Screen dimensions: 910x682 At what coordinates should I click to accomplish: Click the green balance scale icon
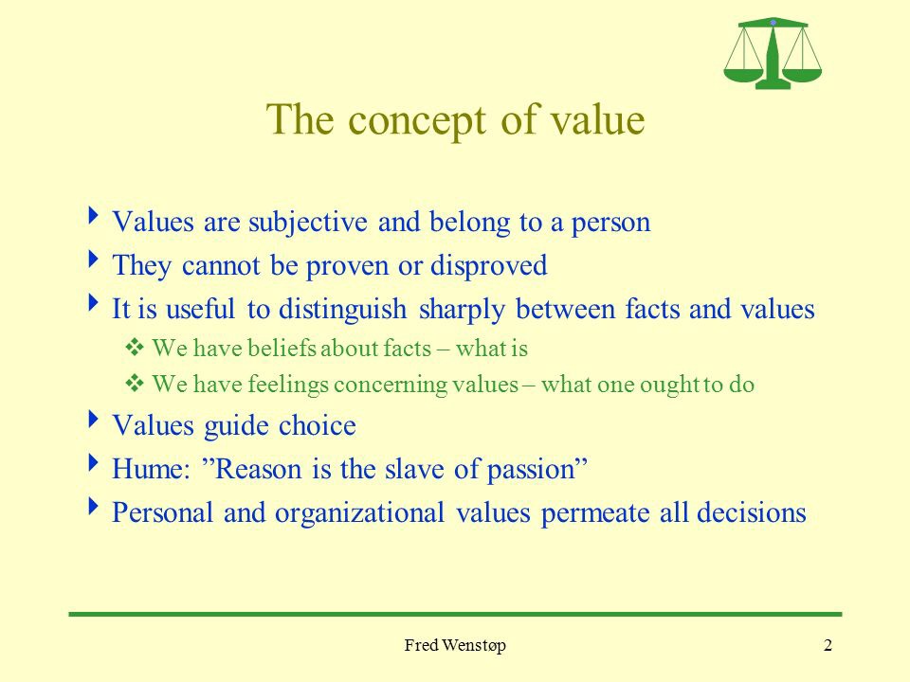tap(773, 53)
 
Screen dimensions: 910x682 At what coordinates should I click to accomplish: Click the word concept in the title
tap(418, 120)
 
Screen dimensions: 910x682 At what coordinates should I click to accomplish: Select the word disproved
tap(489, 265)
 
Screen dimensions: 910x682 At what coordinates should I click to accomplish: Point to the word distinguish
tap(342, 309)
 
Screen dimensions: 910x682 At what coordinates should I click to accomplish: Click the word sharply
tap(462, 310)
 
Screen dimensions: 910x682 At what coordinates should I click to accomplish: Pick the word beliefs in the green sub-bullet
tap(282, 348)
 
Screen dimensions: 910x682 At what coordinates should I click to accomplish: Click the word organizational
tap(360, 513)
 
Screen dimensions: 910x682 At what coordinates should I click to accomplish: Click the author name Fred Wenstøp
tap(455, 645)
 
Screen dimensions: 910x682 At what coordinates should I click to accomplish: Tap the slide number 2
tap(828, 645)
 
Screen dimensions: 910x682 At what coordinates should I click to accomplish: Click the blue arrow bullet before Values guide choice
tap(93, 419)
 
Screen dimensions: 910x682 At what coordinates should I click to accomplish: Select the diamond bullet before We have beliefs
tap(134, 348)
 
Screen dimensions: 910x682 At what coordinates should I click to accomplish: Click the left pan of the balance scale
tap(743, 75)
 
